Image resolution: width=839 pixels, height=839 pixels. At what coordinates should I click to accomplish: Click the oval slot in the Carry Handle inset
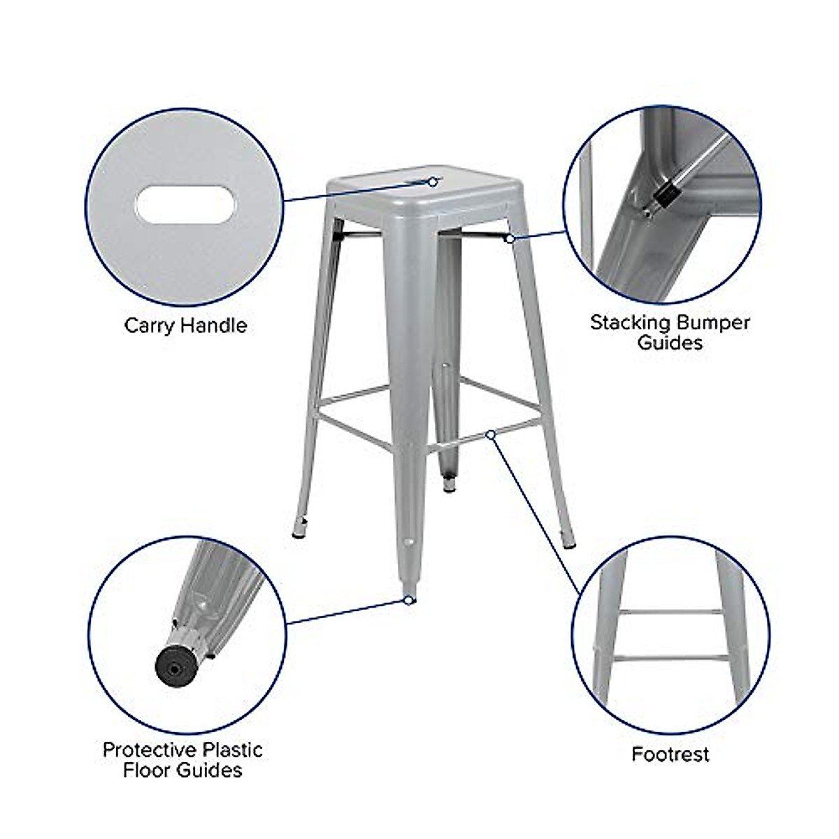[x=186, y=206]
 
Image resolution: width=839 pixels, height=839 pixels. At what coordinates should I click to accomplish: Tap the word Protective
[x=150, y=750]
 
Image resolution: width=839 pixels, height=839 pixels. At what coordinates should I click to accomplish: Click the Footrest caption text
[x=670, y=754]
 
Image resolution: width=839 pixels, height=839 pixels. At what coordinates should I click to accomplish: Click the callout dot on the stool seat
[x=433, y=182]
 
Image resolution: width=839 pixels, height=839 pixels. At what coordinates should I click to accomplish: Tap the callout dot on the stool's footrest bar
[x=491, y=435]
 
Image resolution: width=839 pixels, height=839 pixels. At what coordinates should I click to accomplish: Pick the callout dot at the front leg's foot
[x=408, y=599]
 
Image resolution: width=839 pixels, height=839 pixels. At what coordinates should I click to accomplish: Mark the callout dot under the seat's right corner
[x=510, y=239]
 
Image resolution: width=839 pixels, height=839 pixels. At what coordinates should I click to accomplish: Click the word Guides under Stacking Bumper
[x=670, y=343]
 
